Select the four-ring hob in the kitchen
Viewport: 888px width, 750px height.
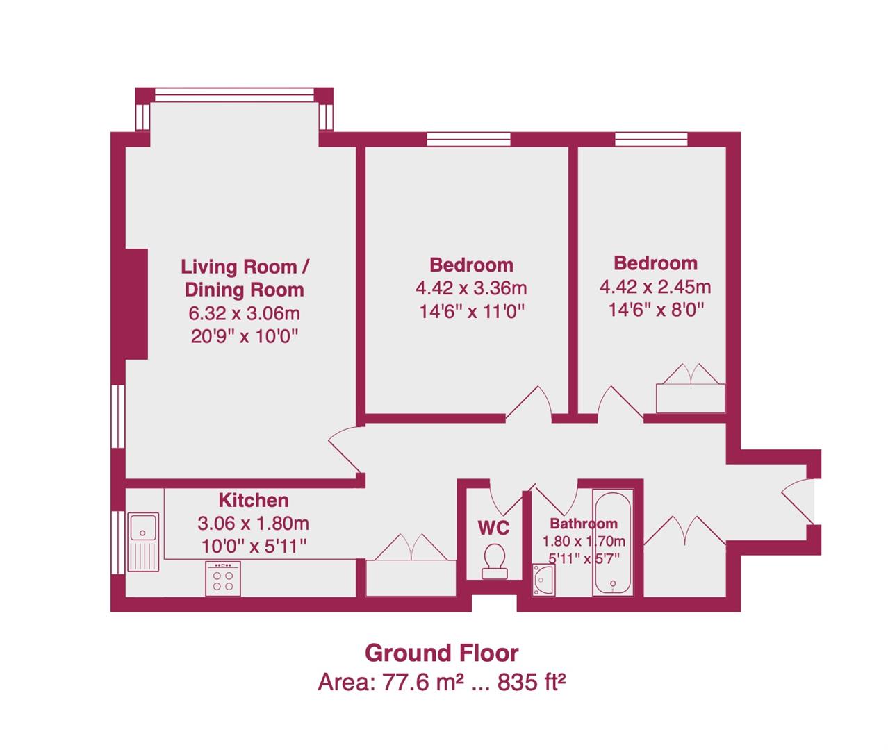[223, 578]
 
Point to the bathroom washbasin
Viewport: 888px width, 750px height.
[544, 580]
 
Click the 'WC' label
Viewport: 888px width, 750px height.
[493, 527]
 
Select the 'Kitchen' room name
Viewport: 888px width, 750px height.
[254, 500]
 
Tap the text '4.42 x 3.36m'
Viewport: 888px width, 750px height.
[471, 287]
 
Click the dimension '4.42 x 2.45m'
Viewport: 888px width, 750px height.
[655, 286]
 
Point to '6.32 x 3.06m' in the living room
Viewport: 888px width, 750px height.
[244, 313]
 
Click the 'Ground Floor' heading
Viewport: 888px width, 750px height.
[442, 653]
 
